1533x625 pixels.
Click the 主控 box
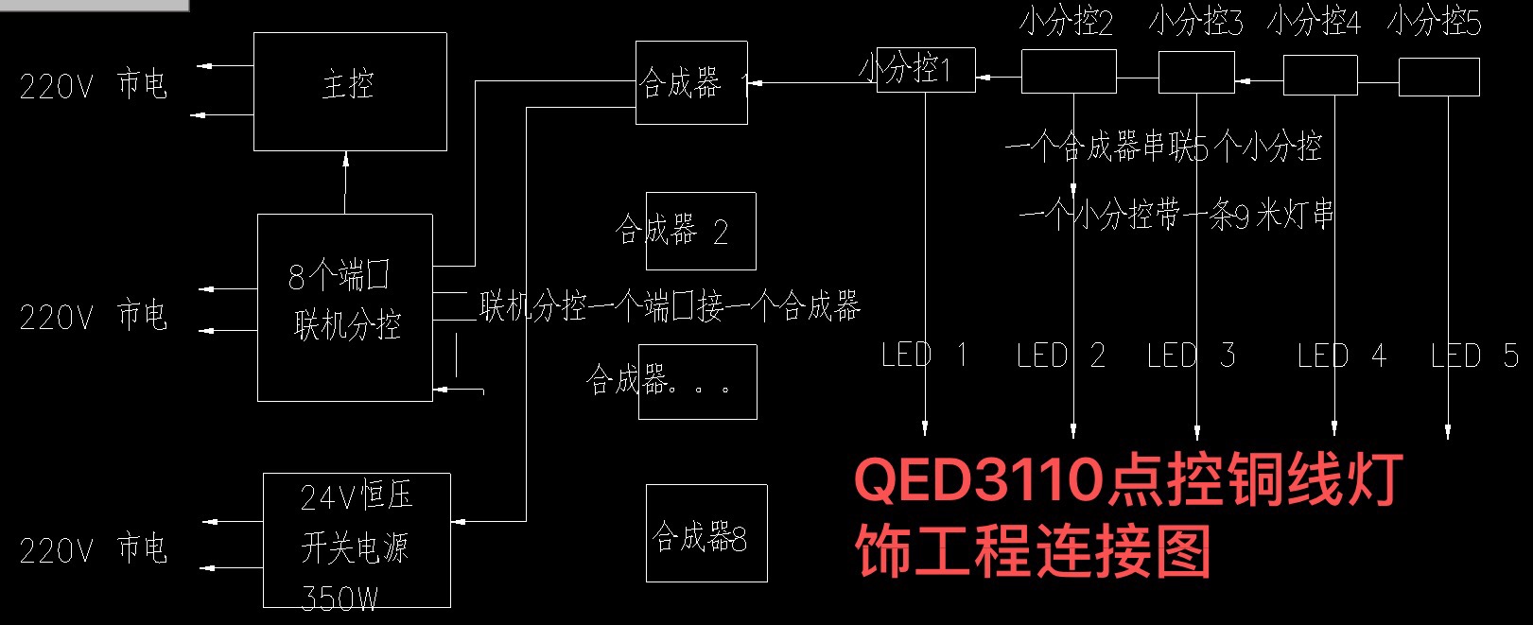(x=350, y=91)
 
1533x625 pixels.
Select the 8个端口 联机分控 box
(x=345, y=306)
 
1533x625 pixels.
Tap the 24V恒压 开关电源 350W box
(x=357, y=540)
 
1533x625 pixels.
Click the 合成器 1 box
(x=691, y=82)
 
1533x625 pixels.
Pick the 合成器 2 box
(x=701, y=231)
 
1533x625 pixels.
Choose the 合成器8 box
(x=706, y=533)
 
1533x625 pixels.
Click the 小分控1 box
(x=925, y=69)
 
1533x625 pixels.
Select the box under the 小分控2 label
(x=1069, y=72)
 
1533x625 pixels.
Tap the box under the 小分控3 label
(x=1196, y=72)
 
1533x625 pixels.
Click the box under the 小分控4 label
(x=1320, y=75)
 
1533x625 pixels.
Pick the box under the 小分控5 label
(x=1438, y=77)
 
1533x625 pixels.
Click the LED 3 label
(x=1191, y=356)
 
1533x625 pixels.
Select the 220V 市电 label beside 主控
(x=93, y=85)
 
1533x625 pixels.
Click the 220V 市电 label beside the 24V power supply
(x=93, y=548)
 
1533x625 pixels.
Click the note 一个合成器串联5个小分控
(x=1163, y=148)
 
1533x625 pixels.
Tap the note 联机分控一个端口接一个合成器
(x=670, y=306)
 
